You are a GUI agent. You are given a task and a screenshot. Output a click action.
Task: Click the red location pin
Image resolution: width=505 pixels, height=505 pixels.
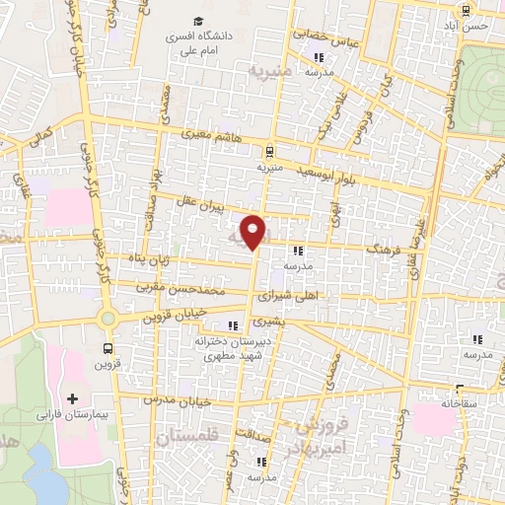pyautogui.click(x=254, y=231)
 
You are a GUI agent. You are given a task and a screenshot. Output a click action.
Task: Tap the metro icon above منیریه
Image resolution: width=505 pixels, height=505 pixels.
pyautogui.click(x=269, y=152)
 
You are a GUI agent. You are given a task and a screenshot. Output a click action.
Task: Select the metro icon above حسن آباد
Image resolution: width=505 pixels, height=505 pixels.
pyautogui.click(x=465, y=11)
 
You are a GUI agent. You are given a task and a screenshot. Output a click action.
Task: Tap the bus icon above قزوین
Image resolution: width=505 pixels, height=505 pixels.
pyautogui.click(x=108, y=348)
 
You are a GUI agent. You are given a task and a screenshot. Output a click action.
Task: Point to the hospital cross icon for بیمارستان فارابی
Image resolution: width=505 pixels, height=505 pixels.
pyautogui.click(x=71, y=399)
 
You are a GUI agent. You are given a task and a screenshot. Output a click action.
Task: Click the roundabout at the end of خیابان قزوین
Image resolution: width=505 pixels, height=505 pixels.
pyautogui.click(x=108, y=318)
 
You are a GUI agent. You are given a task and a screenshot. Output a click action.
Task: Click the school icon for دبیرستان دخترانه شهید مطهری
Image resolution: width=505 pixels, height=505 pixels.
pyautogui.click(x=234, y=326)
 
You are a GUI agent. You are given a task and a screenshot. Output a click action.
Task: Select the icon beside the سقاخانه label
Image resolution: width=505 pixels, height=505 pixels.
pyautogui.click(x=459, y=389)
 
